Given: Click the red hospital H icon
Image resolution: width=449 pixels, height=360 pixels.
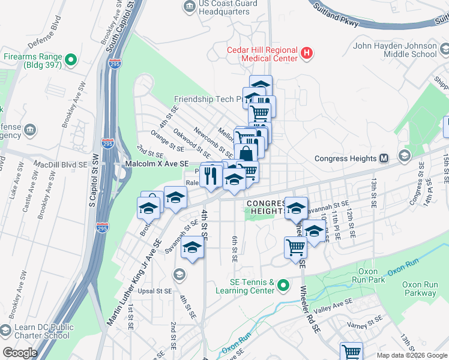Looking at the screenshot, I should [307, 54].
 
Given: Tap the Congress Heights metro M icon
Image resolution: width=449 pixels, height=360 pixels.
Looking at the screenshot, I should [385, 159].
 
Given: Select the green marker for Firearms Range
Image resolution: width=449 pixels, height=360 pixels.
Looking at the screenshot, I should [71, 59].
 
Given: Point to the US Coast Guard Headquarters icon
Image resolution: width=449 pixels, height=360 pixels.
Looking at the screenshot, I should [190, 7].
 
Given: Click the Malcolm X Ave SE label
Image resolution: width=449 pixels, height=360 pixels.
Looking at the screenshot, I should [156, 164].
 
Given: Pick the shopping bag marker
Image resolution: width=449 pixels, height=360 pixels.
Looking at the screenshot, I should [246, 155].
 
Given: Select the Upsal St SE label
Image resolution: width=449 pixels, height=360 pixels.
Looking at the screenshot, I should [155, 291].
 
